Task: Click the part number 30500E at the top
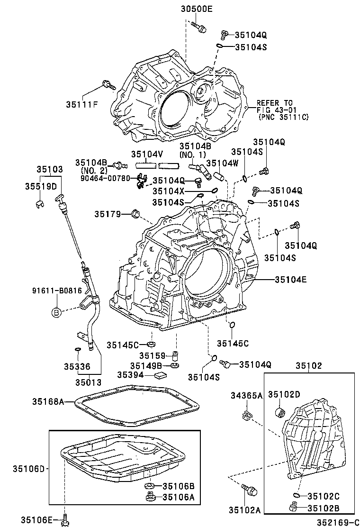click(x=197, y=8)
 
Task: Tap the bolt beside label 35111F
click(x=108, y=86)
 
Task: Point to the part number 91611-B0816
click(x=57, y=291)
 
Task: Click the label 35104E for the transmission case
click(x=291, y=280)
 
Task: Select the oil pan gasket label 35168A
click(x=48, y=401)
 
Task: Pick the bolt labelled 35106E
click(x=65, y=520)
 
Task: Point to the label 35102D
click(x=284, y=394)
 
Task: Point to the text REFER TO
click(x=275, y=103)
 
